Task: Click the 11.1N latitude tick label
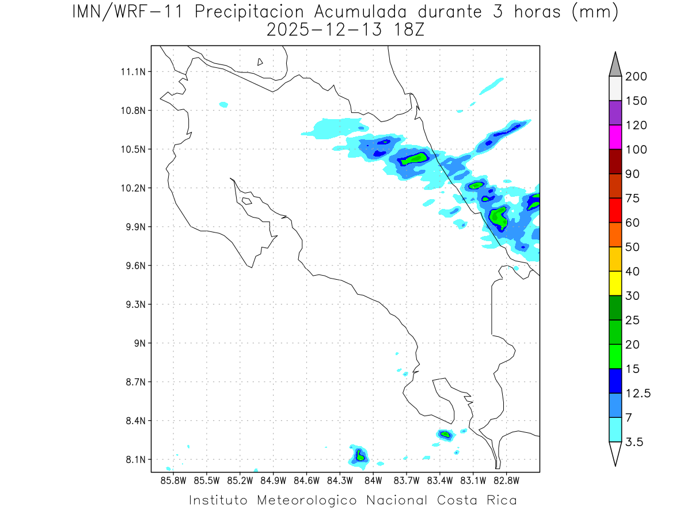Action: click(x=133, y=72)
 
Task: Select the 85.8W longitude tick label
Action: click(x=173, y=480)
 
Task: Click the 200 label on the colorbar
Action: click(x=636, y=77)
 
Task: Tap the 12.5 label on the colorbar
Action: click(x=638, y=394)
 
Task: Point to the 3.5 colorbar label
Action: click(x=634, y=442)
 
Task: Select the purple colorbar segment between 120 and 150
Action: click(x=615, y=113)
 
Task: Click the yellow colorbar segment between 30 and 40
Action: click(x=615, y=283)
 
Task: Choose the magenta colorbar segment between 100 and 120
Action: click(x=615, y=137)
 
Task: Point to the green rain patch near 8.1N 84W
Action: click(x=360, y=456)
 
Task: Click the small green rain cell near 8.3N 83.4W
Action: click(x=445, y=435)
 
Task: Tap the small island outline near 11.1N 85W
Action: click(x=260, y=62)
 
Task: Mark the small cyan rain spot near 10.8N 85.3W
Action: click(x=223, y=105)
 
